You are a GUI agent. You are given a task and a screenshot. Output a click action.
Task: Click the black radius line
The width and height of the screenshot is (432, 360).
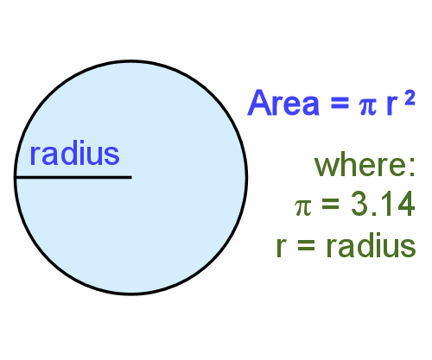pos(73,177)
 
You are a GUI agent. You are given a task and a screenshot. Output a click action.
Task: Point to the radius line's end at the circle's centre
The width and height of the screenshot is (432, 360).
pos(130,177)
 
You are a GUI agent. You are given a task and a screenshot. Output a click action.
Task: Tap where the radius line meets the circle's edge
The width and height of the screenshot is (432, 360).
pos(16,177)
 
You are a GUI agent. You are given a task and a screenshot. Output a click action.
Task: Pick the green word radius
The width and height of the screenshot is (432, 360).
pos(372,247)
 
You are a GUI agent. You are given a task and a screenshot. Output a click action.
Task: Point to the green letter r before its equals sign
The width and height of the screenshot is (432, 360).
pos(282,249)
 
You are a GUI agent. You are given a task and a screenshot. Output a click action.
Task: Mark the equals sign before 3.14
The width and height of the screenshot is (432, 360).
pos(329,207)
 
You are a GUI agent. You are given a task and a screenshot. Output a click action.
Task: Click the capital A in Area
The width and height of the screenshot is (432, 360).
pos(258,103)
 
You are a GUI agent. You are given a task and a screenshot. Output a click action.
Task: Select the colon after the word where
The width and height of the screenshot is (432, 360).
pos(412,166)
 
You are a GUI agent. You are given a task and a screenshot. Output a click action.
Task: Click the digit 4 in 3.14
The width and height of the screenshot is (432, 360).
pos(406,205)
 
